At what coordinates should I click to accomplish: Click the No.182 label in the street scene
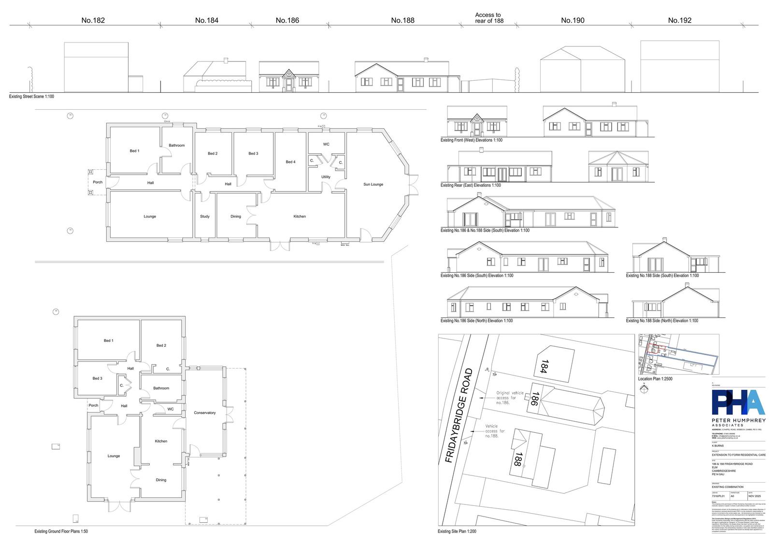(93, 20)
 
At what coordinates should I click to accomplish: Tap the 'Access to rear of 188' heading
(488, 18)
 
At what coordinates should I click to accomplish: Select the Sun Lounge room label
(373, 184)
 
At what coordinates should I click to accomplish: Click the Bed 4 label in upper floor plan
(290, 162)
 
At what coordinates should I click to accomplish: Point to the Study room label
(205, 216)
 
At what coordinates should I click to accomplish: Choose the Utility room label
(326, 177)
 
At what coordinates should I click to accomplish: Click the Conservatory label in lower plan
(204, 413)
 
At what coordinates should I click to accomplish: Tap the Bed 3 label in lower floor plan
(97, 378)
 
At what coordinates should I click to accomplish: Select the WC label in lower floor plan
(171, 409)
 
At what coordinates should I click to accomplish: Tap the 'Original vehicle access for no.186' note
(510, 398)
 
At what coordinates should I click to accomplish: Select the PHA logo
(738, 404)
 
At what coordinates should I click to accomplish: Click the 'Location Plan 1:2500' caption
(655, 379)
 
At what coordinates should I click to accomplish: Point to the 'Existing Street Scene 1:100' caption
(31, 97)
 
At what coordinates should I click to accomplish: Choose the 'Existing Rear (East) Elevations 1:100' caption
(471, 185)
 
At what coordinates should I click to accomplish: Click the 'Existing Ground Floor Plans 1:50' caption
(61, 531)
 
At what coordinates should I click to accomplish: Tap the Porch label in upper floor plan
(98, 182)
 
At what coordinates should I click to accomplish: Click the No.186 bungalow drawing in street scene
(289, 77)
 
